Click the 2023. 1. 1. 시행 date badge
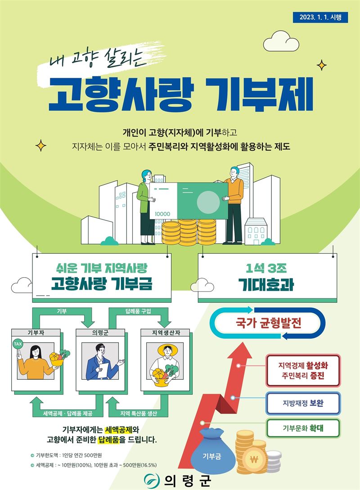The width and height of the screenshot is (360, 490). coord(320,17)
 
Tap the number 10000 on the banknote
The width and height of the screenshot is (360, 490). coord(162,214)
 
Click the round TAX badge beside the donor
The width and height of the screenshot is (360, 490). coord(18,344)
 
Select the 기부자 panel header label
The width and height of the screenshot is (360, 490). coord(36,333)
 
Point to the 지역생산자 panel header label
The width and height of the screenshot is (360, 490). coord(166,333)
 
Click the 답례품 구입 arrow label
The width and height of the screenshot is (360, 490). coord(138,311)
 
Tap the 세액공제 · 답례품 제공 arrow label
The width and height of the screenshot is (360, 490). coord(67,414)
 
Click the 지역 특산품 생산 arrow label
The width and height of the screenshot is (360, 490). coord(139,414)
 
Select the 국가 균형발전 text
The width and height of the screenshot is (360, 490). coord(269,323)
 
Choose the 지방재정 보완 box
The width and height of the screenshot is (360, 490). coord(303,403)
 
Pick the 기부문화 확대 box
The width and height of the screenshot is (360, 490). coord(303,428)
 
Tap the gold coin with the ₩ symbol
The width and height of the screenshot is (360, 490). coord(254,460)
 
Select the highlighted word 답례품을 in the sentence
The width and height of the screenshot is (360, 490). coord(112,440)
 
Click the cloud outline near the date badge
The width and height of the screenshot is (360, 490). coord(281,41)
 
